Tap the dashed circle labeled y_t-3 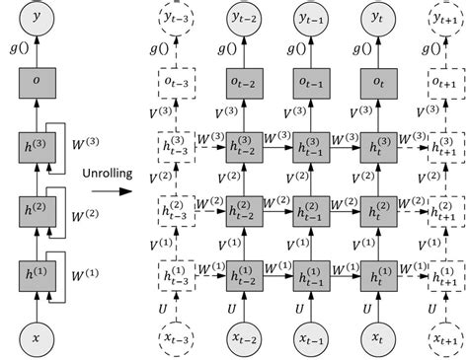pos(176,17)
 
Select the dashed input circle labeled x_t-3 pos(176,337)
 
